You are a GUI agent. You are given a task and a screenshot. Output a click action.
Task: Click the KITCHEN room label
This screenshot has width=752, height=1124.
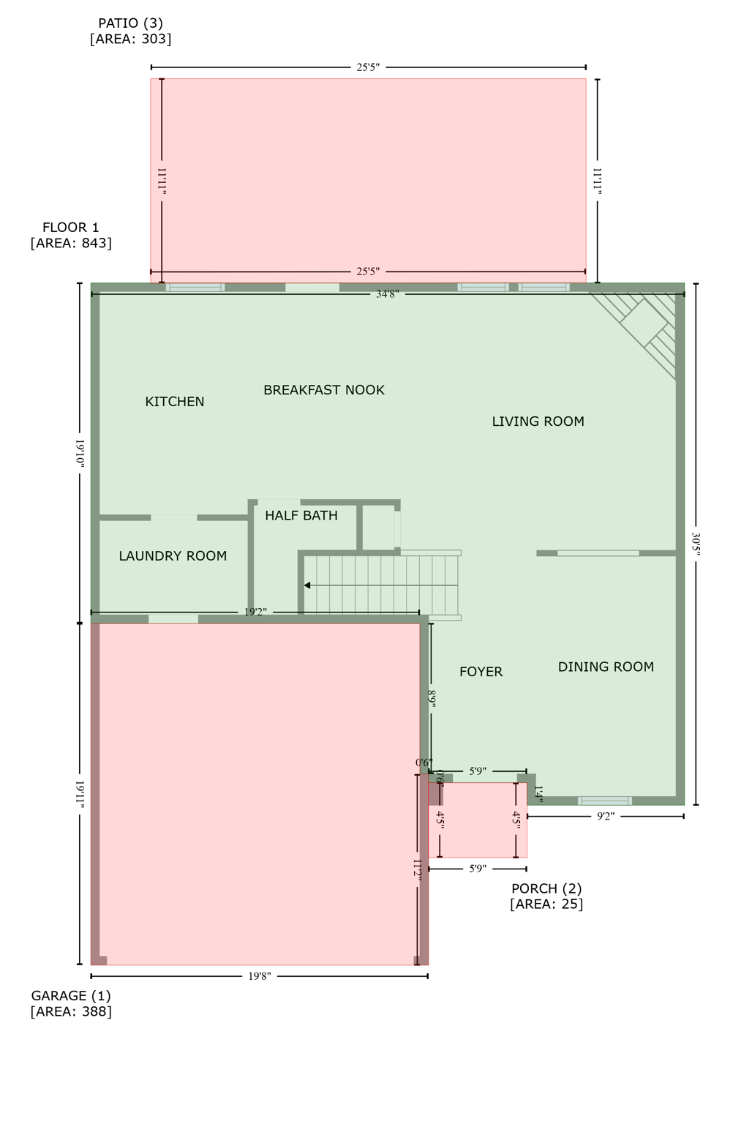point(175,402)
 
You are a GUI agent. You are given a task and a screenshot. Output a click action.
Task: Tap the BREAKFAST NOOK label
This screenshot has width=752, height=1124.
point(323,390)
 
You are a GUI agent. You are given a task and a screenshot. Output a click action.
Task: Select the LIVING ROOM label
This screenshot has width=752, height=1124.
point(538,421)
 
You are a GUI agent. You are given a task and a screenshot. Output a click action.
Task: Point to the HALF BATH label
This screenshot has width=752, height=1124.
point(301,516)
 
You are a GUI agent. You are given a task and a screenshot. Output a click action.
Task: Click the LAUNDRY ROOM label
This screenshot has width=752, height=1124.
point(173,556)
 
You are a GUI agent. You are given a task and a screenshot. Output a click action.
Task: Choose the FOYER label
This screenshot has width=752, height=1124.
point(481,672)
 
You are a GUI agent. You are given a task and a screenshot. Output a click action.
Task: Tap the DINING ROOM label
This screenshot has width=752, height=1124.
point(606,667)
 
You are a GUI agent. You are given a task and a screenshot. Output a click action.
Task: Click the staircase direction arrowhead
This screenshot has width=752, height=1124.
point(308,585)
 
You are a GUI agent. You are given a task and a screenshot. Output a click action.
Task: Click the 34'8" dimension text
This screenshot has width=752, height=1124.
point(387,294)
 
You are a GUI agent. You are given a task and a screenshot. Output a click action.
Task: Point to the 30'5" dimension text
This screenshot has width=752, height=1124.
point(696,544)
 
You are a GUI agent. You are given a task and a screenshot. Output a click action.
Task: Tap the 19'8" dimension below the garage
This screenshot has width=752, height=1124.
point(259,976)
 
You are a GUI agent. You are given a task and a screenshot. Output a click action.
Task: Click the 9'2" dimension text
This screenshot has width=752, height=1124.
point(605,816)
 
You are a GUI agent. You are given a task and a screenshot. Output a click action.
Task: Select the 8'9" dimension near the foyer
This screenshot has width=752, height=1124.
point(432,699)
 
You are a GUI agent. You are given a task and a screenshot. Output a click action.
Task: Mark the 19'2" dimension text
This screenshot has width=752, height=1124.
point(255,612)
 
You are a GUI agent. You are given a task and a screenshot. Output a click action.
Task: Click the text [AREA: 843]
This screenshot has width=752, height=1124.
point(71,243)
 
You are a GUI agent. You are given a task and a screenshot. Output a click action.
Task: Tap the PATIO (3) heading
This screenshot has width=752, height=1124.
point(130,23)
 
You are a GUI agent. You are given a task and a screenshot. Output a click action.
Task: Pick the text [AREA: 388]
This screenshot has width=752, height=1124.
point(71,1011)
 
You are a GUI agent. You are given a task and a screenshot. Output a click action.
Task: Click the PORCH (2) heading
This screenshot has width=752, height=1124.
point(546,888)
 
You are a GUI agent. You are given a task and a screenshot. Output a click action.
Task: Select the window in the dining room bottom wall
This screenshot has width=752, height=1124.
point(605,801)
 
